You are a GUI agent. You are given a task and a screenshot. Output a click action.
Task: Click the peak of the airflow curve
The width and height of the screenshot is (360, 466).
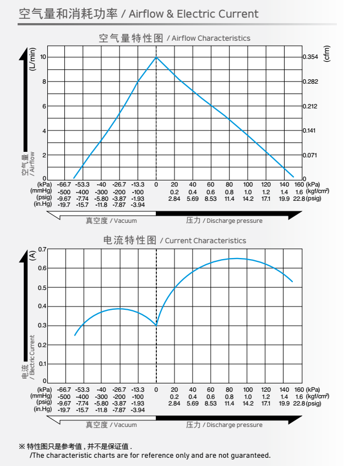156,57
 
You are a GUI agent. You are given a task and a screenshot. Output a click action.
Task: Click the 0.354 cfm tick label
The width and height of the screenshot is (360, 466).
311,57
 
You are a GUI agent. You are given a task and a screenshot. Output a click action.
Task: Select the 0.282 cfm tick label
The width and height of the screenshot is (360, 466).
311,81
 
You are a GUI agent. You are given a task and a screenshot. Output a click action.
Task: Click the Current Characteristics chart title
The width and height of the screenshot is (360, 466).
174,240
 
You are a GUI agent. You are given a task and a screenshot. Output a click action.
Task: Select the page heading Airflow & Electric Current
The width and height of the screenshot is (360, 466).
138,13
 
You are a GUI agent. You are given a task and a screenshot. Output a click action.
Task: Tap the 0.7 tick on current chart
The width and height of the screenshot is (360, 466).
42,249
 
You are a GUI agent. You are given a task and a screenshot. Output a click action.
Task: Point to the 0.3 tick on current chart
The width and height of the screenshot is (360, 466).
42,326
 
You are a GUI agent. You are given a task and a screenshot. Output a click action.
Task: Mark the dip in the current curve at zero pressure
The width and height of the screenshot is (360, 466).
156,325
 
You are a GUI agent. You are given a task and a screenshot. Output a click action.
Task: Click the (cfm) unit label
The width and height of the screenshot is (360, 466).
326,53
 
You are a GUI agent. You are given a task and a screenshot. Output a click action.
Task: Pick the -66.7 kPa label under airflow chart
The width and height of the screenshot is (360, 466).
64,184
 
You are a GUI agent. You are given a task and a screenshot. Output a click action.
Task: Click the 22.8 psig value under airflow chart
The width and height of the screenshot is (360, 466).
299,198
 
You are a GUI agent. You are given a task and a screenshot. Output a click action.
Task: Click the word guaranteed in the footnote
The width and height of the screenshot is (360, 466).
250,456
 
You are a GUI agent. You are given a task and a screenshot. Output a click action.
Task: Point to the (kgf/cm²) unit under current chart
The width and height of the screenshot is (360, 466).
318,396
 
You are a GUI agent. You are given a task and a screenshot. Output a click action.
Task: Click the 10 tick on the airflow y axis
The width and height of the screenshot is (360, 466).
42,57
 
